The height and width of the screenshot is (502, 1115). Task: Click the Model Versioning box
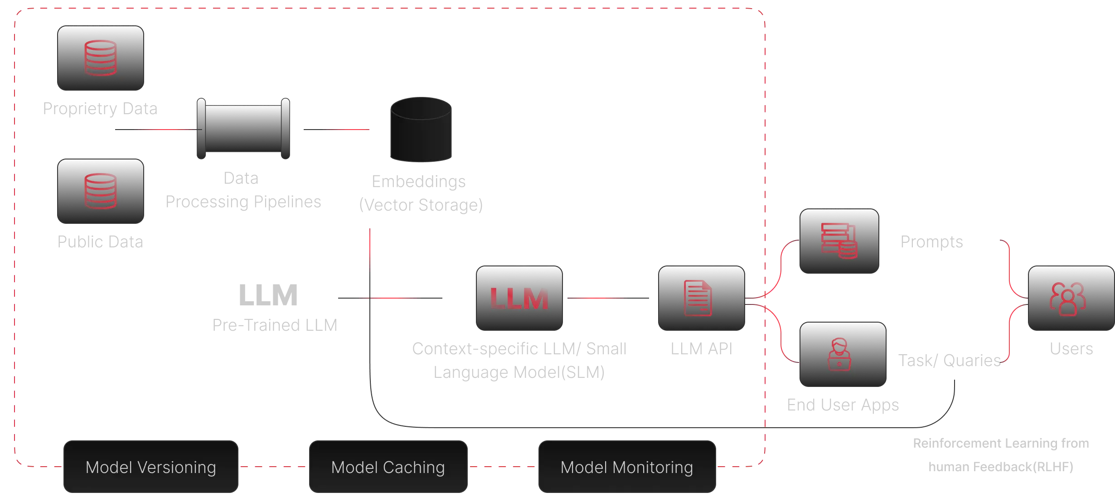click(x=150, y=467)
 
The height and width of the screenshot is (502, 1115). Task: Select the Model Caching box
click(x=388, y=467)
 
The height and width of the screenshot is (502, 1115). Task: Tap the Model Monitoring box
click(x=626, y=467)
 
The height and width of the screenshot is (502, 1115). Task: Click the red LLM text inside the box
click(x=519, y=299)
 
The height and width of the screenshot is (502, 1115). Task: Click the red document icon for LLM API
click(x=698, y=298)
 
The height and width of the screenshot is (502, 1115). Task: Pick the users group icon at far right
click(x=1067, y=299)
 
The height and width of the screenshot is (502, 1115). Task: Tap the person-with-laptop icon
click(x=839, y=354)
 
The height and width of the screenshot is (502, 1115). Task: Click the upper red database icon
click(x=100, y=58)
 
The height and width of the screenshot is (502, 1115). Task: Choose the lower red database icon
click(x=100, y=191)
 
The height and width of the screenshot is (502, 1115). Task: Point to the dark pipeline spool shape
click(x=243, y=129)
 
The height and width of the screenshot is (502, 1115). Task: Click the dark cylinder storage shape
click(x=421, y=129)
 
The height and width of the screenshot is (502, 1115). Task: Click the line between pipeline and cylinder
click(x=335, y=129)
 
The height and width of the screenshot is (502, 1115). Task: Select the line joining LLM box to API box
click(x=607, y=299)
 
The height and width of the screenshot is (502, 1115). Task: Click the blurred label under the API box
click(x=701, y=348)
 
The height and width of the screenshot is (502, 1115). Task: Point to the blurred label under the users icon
click(x=1071, y=348)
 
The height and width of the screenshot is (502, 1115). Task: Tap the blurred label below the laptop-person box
click(x=842, y=404)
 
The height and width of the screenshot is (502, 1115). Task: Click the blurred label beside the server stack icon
click(x=931, y=242)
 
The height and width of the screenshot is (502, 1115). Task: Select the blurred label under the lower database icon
click(x=101, y=241)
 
